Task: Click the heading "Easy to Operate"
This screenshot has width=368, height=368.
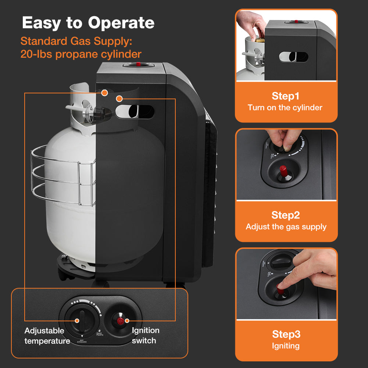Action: tap(88, 23)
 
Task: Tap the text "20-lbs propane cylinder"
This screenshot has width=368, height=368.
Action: tap(81, 54)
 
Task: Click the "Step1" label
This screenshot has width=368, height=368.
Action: tap(286, 96)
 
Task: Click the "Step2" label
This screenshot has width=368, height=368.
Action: tap(286, 215)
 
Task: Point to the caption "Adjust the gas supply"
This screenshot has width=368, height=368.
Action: tap(286, 227)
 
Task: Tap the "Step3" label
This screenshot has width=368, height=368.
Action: tap(286, 334)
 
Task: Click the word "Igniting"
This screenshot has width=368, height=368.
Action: tap(286, 346)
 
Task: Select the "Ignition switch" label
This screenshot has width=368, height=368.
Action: tap(145, 336)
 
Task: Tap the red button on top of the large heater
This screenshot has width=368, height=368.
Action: tap(139, 64)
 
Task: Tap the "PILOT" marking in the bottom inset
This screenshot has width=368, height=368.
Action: tap(100, 333)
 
